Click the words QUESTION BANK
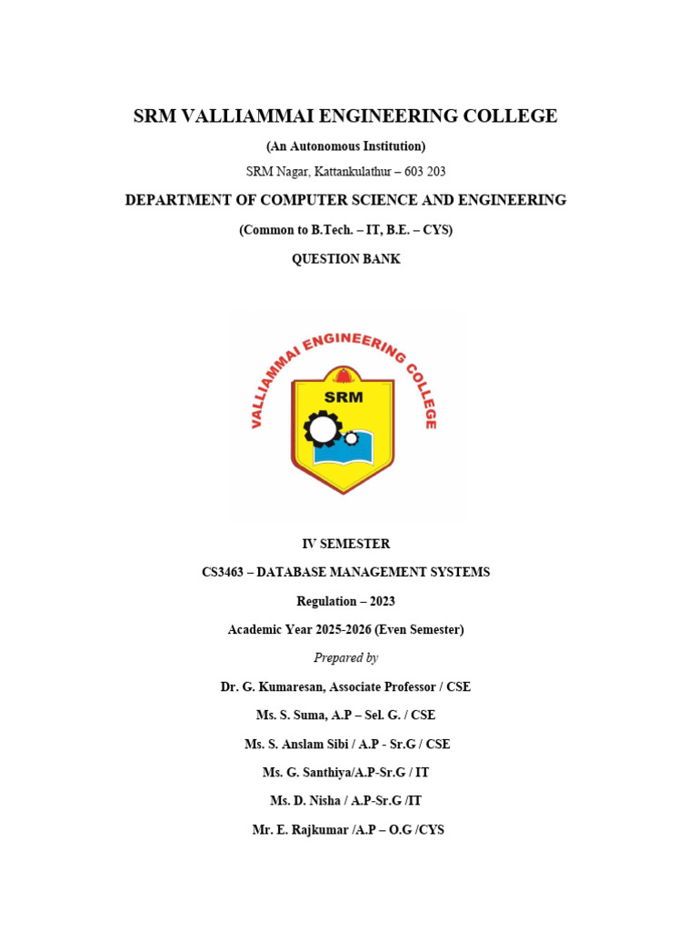(345, 259)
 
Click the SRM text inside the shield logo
(343, 396)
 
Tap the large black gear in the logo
(322, 428)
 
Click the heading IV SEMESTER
(345, 544)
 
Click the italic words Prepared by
(345, 657)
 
